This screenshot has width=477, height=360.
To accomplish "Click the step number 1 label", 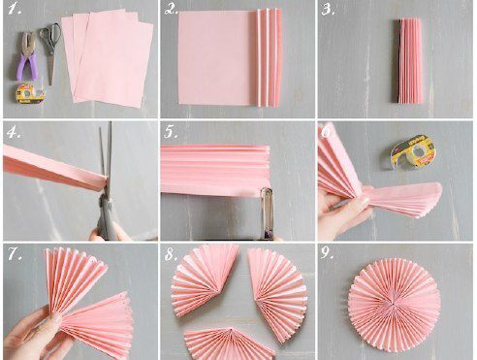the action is (x=15, y=9).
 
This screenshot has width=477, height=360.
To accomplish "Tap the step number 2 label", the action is (x=172, y=9).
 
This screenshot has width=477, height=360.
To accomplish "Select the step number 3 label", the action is (x=328, y=10).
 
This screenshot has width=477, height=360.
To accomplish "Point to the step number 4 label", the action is (x=14, y=132).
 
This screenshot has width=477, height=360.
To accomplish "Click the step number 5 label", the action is (x=171, y=132).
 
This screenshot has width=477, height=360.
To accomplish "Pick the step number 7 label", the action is (x=16, y=254).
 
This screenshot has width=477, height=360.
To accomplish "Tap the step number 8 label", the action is (x=172, y=254).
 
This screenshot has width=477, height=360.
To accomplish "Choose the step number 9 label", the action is (x=327, y=253).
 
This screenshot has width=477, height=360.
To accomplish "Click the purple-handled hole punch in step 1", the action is (x=27, y=55).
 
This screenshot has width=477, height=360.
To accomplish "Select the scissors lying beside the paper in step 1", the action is (x=50, y=49).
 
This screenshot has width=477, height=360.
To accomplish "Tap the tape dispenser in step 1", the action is (x=30, y=93).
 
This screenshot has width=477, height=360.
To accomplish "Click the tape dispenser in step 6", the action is (x=413, y=152).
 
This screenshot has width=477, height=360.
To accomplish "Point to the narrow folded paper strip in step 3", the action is (x=408, y=61).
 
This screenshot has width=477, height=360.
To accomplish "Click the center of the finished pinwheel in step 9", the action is (x=394, y=304).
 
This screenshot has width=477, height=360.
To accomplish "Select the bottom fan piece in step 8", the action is (x=229, y=344).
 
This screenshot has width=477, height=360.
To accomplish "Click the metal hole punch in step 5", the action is (x=267, y=213).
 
